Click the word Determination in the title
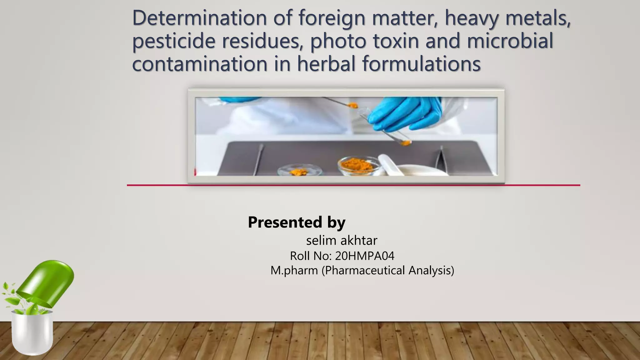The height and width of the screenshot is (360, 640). point(199,18)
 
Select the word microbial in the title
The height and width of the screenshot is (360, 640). point(510,41)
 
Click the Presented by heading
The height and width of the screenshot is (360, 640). point(297,222)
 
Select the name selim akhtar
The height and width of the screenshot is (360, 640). point(342,241)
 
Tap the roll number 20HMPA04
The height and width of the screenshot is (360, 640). point(364,256)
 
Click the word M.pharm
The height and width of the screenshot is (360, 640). point(294,270)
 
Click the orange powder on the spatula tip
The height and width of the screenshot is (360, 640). point(353,105)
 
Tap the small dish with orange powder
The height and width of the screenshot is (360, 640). point(299,171)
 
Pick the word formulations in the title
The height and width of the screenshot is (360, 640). point(421,64)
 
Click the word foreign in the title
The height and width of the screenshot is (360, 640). point(332,18)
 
